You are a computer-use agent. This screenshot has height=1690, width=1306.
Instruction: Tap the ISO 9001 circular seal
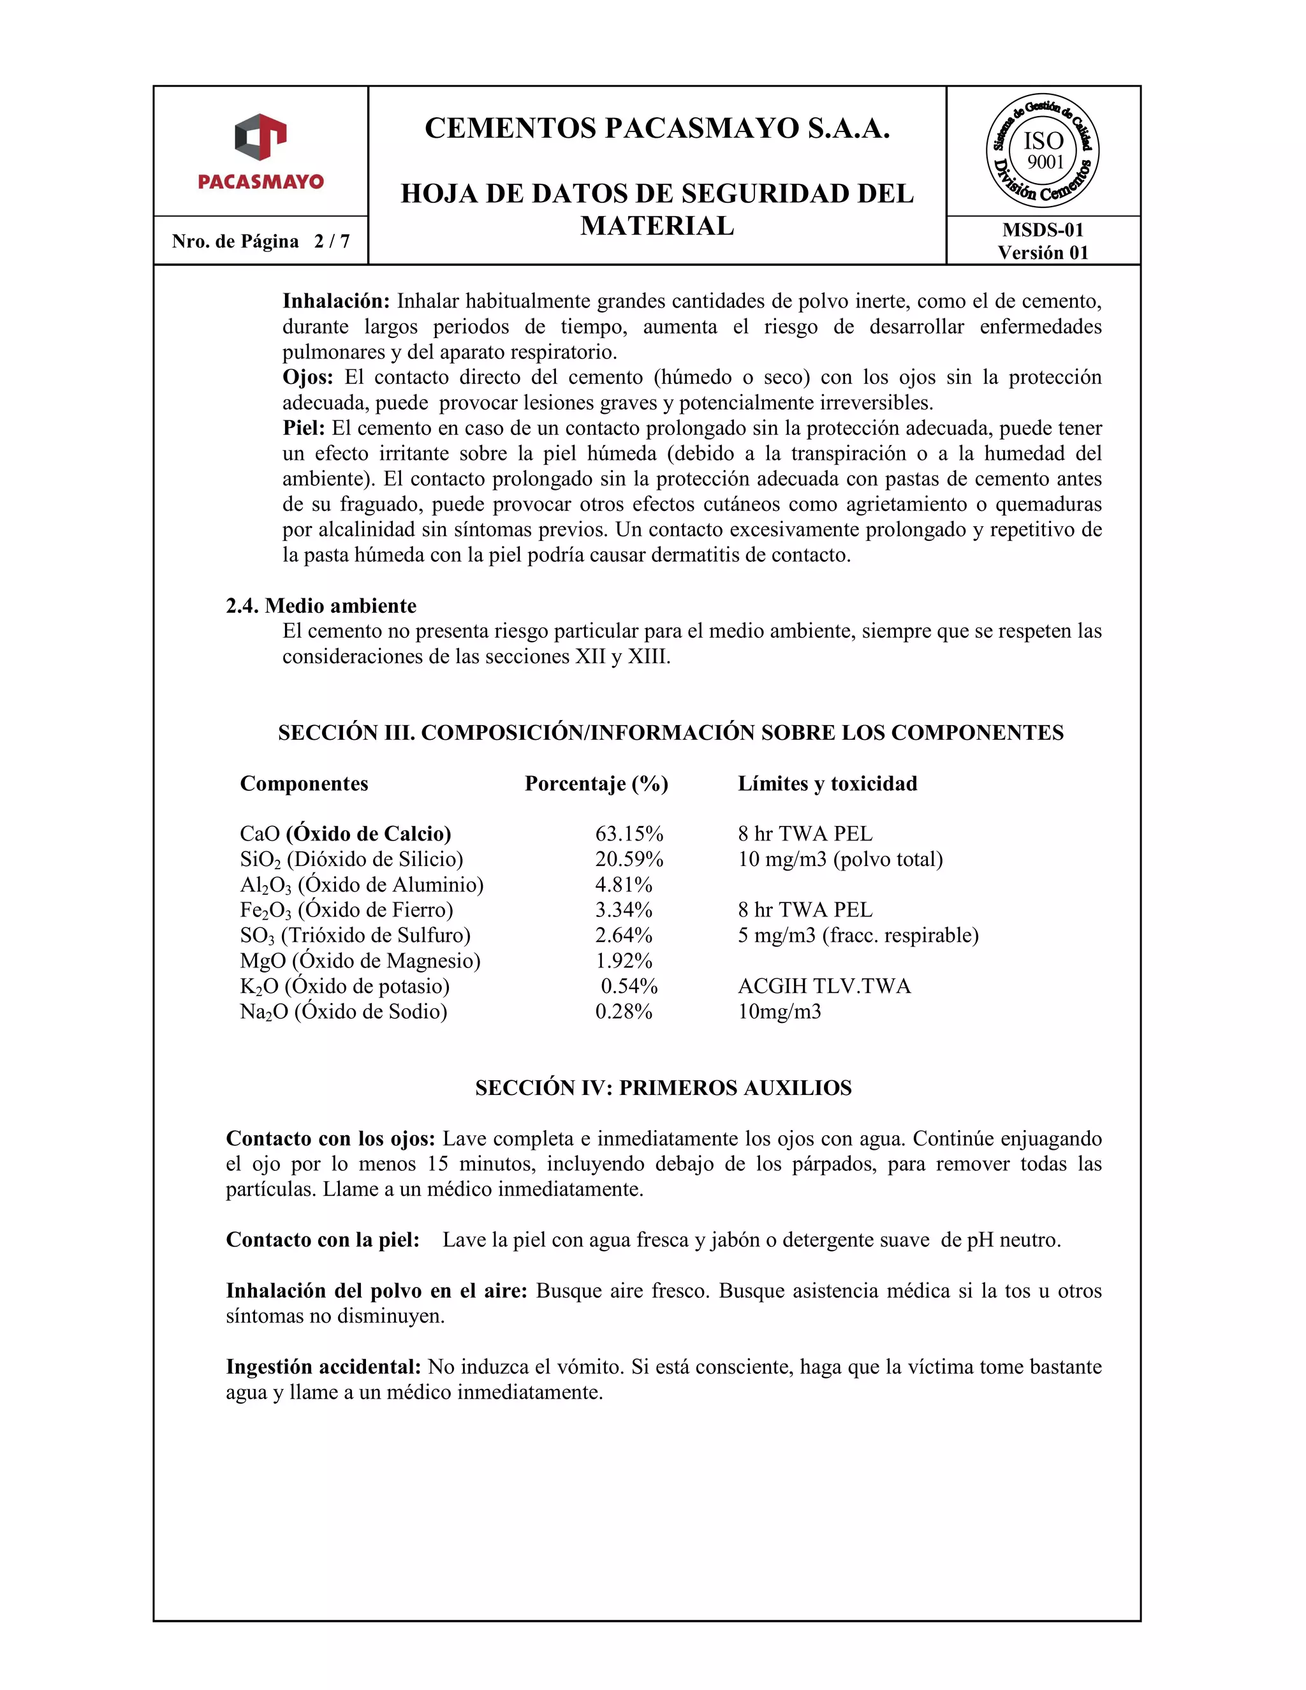(x=1042, y=152)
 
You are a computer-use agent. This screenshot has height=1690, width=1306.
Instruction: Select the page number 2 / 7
(x=331, y=242)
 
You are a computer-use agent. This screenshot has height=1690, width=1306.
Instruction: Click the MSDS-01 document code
(x=1042, y=230)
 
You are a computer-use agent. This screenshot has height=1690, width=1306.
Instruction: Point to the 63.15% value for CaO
(x=628, y=834)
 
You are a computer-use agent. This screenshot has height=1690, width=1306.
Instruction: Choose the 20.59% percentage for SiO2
(x=628, y=859)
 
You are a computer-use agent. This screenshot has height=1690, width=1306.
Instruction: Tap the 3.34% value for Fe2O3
(x=623, y=910)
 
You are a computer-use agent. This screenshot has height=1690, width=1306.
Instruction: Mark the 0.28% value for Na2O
(x=623, y=1011)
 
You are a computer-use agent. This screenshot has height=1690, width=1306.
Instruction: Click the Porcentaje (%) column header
(x=596, y=783)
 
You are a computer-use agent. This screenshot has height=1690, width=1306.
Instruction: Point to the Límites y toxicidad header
(x=827, y=783)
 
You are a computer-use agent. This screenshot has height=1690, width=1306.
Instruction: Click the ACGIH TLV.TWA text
(x=824, y=986)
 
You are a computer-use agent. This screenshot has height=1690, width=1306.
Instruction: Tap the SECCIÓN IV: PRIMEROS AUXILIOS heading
(x=663, y=1088)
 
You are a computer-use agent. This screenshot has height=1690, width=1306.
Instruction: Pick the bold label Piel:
(x=304, y=428)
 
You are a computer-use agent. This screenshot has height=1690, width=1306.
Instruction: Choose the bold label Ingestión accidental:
(x=323, y=1367)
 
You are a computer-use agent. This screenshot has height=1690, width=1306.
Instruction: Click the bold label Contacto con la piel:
(x=322, y=1240)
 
